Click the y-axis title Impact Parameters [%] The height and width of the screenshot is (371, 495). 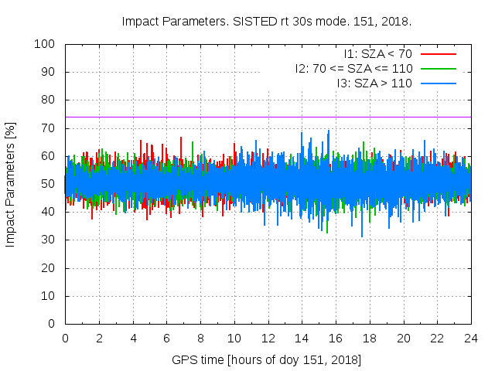click(x=11, y=184)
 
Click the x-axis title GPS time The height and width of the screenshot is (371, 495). click(x=268, y=360)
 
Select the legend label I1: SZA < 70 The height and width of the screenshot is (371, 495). click(x=377, y=54)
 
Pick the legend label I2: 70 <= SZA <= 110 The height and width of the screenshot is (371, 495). click(x=353, y=69)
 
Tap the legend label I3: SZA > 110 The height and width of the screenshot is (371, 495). click(x=374, y=83)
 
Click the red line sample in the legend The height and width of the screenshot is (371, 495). click(x=438, y=54)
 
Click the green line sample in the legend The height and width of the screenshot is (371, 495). click(x=438, y=69)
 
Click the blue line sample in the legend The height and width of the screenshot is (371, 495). click(x=438, y=83)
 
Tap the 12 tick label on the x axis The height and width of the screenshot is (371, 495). click(x=268, y=339)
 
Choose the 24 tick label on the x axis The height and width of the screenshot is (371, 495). click(x=471, y=339)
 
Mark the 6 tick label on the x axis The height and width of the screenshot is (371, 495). click(x=167, y=339)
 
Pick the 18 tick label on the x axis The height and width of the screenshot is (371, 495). click(x=370, y=339)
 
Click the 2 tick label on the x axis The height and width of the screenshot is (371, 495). click(x=99, y=339)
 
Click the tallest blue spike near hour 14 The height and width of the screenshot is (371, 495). click(x=302, y=134)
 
